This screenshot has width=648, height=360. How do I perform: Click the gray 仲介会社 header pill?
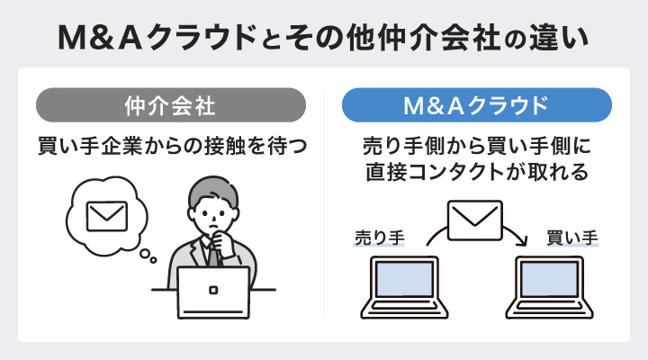pyautogui.click(x=169, y=104)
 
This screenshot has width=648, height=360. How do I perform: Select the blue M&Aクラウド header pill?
pyautogui.click(x=477, y=104)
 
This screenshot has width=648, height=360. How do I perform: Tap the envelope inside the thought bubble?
pyautogui.click(x=106, y=216)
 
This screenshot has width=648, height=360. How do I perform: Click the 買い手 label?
pyautogui.click(x=572, y=238)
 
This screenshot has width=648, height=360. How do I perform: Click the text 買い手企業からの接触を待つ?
pyautogui.click(x=168, y=144)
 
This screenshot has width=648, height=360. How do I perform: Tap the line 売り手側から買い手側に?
pyautogui.click(x=477, y=146)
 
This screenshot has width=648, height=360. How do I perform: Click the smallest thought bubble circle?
pyautogui.click(x=154, y=262)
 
